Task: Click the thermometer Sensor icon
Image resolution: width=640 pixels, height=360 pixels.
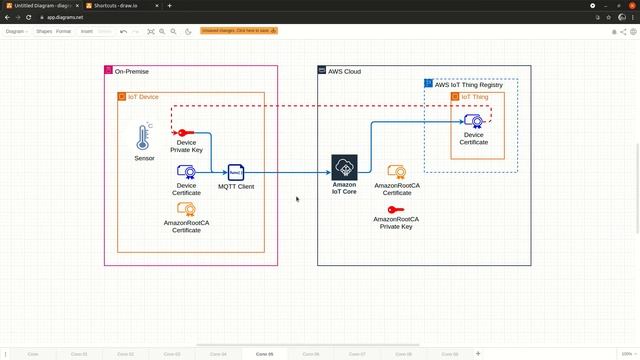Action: point(144,138)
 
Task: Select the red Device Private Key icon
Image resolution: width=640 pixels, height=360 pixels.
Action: point(186,132)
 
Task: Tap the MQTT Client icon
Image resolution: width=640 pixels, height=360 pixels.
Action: point(236,172)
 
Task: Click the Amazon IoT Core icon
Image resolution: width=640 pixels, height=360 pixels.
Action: point(344,167)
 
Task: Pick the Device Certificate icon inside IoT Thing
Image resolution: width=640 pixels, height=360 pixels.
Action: point(474,121)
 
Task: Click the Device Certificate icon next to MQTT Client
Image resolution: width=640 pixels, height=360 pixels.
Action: point(186,172)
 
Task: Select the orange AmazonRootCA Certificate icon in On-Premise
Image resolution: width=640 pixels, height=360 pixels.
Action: point(186,209)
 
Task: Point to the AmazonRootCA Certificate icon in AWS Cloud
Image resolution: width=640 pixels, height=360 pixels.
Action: point(396,172)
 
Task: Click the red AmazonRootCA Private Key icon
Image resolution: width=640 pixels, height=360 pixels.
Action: point(396,209)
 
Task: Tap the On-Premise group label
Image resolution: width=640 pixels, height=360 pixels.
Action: point(133,72)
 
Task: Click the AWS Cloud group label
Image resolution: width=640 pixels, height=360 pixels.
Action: point(344,72)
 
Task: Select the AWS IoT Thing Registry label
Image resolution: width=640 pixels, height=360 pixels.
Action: point(468,85)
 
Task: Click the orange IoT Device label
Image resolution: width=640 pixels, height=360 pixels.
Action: point(143,97)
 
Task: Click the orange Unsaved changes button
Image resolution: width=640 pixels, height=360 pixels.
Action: point(239,31)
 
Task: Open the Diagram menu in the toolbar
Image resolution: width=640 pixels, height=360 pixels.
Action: point(16,31)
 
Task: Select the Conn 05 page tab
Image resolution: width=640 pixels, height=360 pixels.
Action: point(265,354)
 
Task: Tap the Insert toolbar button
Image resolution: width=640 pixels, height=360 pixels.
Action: point(87,31)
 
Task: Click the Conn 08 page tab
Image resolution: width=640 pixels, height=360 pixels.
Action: point(403,354)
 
